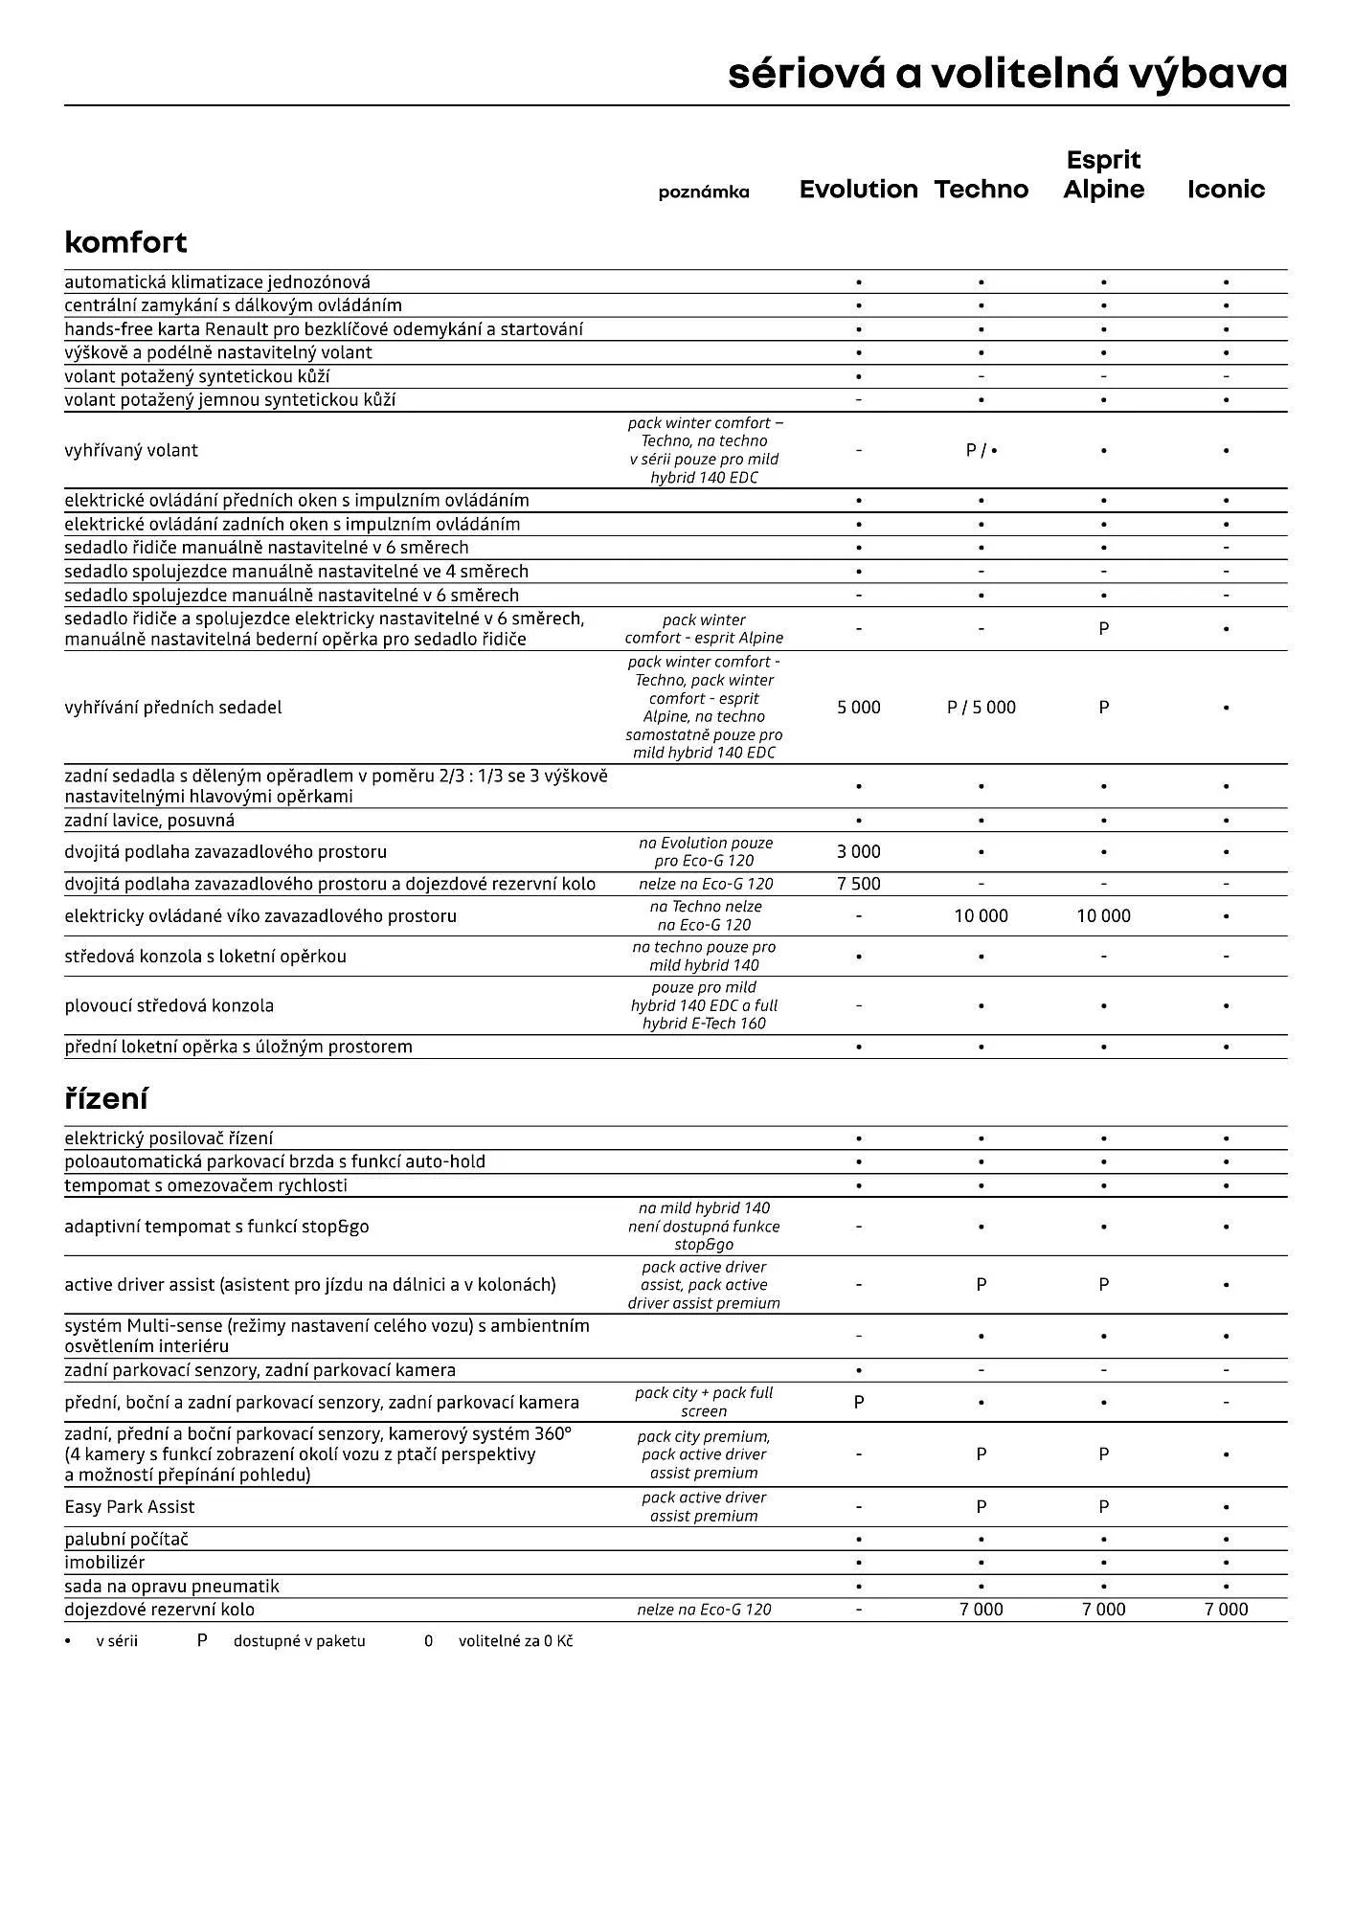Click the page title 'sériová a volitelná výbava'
pyautogui.click(x=1007, y=74)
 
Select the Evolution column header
pyautogui.click(x=858, y=190)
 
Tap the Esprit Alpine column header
pyautogui.click(x=1103, y=174)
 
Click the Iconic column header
pyautogui.click(x=1226, y=190)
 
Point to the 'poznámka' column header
pyautogui.click(x=704, y=192)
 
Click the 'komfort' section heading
pyautogui.click(x=125, y=242)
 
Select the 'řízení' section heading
pyautogui.click(x=105, y=1098)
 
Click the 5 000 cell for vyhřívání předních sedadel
pyautogui.click(x=858, y=708)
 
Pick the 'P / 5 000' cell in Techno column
pyautogui.click(x=981, y=708)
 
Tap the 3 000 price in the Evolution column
pyautogui.click(x=858, y=851)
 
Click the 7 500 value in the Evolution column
pyautogui.click(x=858, y=884)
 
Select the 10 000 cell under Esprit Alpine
pyautogui.click(x=1103, y=916)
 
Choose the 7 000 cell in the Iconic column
pyautogui.click(x=1226, y=1610)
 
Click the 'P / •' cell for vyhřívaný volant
pyautogui.click(x=981, y=450)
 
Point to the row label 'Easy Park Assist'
pyautogui.click(x=129, y=1507)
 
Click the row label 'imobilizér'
pyautogui.click(x=104, y=1563)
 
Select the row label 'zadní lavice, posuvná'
pyautogui.click(x=149, y=821)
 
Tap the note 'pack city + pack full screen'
pyautogui.click(x=704, y=1402)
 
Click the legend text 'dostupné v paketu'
pyautogui.click(x=299, y=1641)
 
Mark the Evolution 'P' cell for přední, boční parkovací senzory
pyautogui.click(x=858, y=1403)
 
